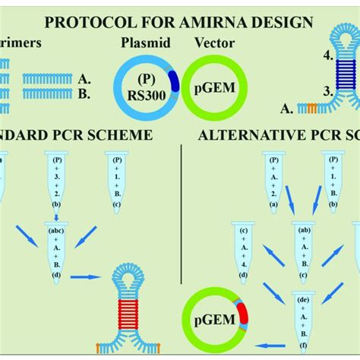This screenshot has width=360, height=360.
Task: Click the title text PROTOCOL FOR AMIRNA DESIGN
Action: (181, 22)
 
